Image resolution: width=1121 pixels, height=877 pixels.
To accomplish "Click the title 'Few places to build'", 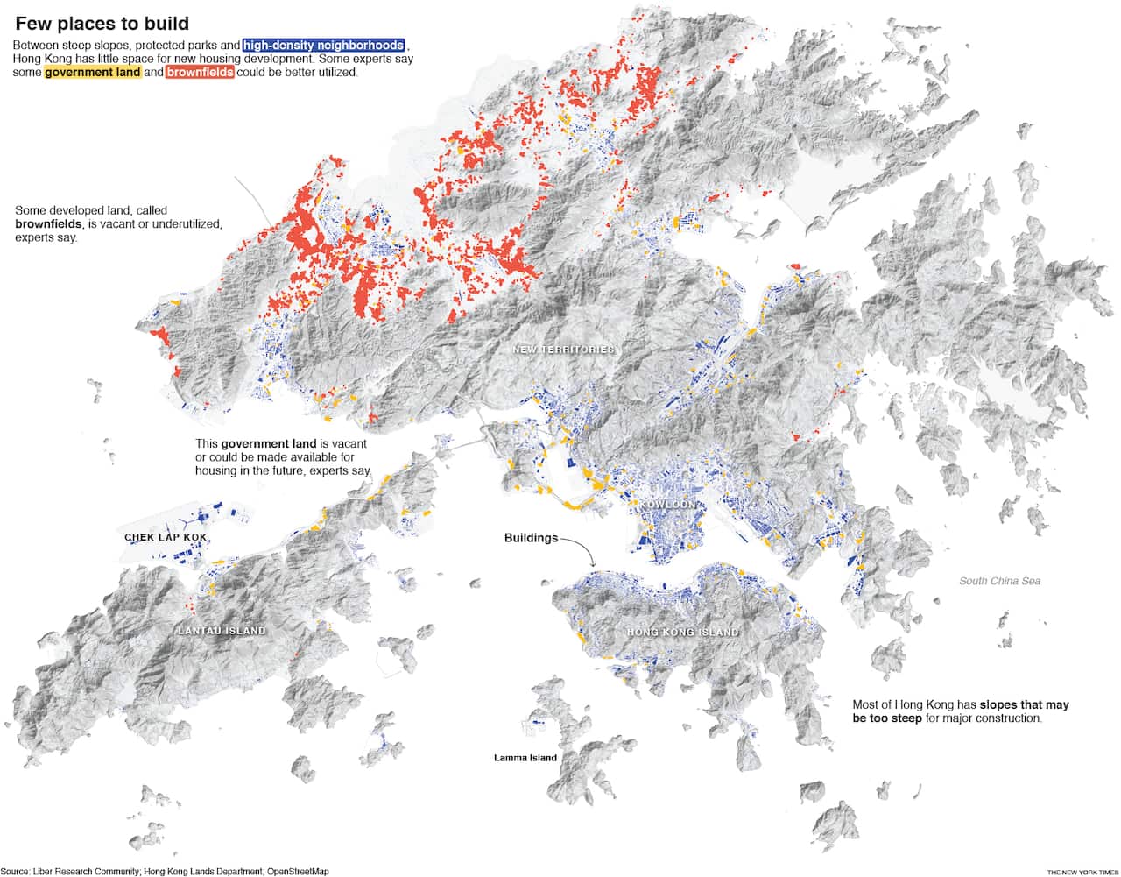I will coord(102,24).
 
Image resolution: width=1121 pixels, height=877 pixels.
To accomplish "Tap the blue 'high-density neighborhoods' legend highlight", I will coord(324,46).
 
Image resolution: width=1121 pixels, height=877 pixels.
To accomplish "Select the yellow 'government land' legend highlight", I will coord(92,73).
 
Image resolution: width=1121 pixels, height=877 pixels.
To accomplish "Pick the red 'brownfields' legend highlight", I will coord(200,73).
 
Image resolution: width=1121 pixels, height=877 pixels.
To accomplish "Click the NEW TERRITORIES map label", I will coord(563,350).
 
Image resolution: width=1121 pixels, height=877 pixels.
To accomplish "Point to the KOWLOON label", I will coord(667,506).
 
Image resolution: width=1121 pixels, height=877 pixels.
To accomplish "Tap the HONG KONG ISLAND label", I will coord(683,632).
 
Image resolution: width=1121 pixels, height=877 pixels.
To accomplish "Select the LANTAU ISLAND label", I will coord(222,631).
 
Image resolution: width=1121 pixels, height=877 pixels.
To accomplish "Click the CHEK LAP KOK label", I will coord(166,537).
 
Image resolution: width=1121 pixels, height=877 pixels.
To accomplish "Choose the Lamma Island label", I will coord(525,758).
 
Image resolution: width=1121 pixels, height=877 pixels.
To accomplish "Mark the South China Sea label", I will coord(999,581).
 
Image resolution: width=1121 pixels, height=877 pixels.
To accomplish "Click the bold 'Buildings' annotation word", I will coord(531,538).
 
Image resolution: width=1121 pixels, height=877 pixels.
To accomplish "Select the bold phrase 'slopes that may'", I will coord(1024,705).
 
